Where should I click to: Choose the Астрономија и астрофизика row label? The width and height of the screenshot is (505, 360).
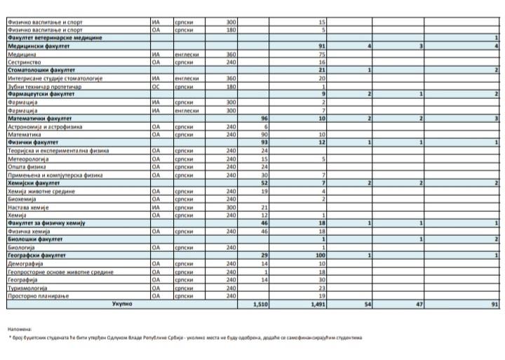(44, 126)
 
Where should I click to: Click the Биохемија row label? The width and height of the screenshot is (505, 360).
(24, 199)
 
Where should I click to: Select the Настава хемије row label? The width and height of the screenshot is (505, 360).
(29, 207)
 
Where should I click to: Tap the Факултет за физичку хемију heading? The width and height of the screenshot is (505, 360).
(46, 222)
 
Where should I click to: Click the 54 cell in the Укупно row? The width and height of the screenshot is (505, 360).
(366, 305)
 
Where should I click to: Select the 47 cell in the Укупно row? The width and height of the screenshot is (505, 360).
(419, 305)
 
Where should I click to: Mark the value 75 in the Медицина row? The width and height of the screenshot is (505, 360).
(322, 54)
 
